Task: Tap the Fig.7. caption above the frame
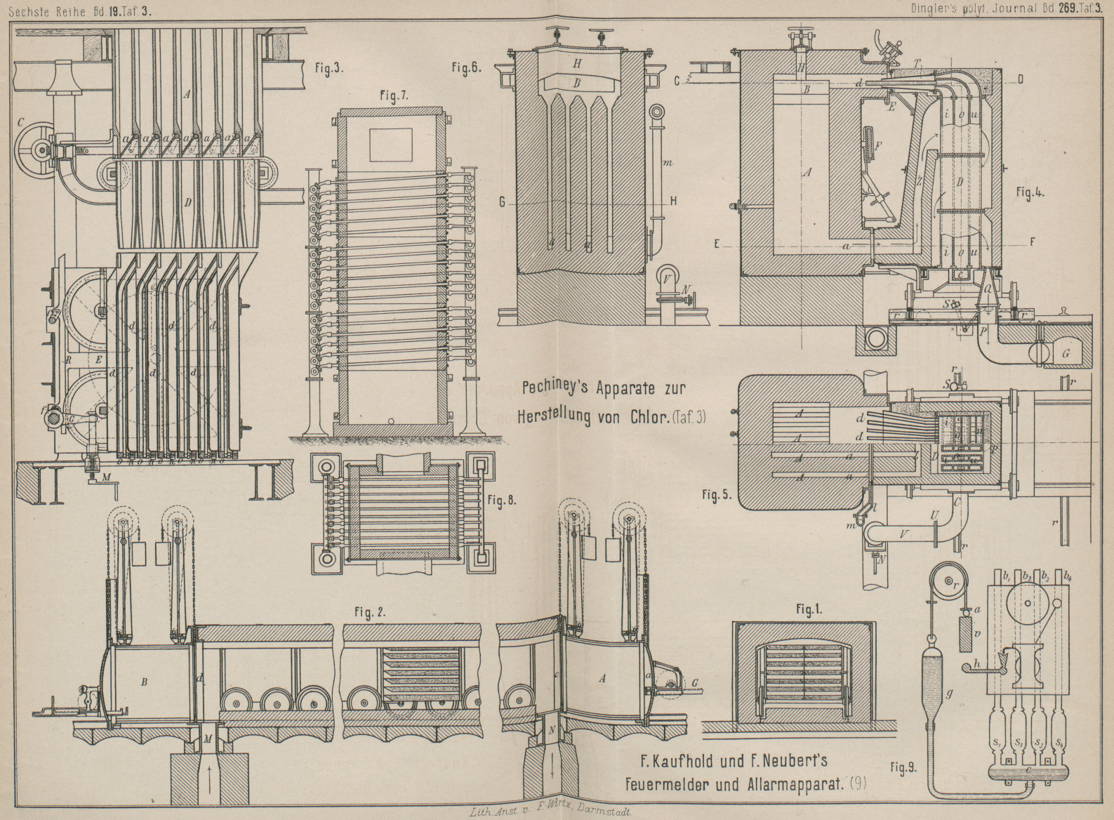point(390,96)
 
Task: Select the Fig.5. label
point(717,494)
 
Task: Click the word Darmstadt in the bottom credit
point(603,813)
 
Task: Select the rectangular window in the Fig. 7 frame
point(390,145)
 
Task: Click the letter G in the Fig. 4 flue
point(1066,354)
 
